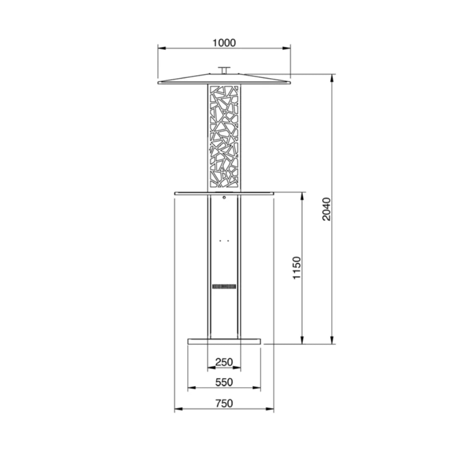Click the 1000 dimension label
224,42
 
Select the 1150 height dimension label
297,268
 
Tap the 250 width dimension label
224,362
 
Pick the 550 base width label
224,382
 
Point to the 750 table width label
224,403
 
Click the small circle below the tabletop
224,197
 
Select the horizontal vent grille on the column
224,286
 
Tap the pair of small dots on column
224,241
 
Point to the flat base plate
224,341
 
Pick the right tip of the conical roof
290,82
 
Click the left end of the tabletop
176,193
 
